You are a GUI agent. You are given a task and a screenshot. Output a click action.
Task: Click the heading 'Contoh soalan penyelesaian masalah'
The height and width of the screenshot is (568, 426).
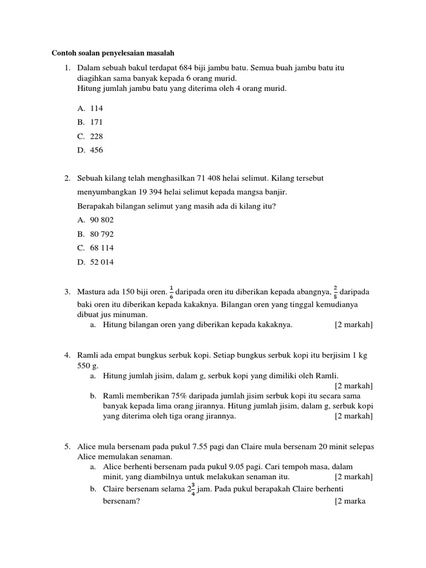tap(113, 53)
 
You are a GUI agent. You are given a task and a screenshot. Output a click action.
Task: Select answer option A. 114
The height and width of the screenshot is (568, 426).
tap(90, 108)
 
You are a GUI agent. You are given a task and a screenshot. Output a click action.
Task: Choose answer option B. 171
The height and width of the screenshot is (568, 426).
tap(90, 122)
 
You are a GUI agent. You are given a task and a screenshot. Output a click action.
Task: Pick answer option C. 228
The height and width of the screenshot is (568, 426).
tap(90, 136)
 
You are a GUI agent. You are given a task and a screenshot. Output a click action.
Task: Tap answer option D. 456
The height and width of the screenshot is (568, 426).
tap(90, 150)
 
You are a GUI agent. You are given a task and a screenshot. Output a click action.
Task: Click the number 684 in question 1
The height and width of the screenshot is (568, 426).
tap(193, 68)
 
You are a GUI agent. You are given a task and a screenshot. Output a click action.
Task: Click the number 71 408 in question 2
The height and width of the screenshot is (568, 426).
tap(217, 178)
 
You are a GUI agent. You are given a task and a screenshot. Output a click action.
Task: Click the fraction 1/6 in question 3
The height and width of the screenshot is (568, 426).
tap(171, 291)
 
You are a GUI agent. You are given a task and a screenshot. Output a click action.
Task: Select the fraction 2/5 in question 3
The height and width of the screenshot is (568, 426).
tap(335, 291)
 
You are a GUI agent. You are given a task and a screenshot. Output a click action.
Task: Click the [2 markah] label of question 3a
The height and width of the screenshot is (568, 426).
tap(353, 324)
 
